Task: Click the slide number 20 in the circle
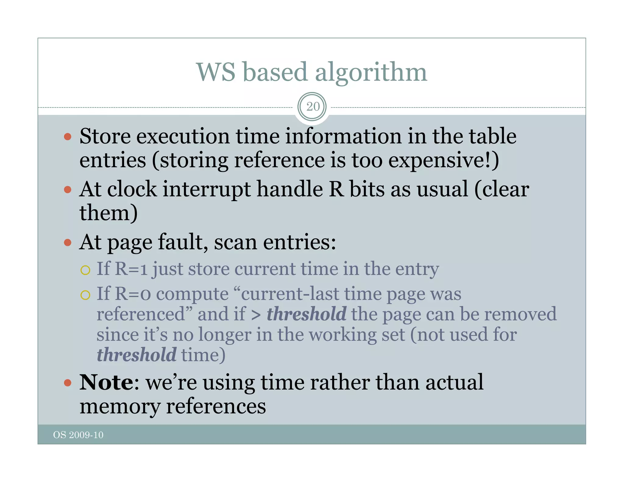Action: tap(313, 107)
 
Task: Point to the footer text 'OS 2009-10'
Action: tap(78, 435)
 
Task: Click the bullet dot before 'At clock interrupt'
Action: tap(68, 190)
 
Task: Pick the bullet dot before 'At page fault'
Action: tap(68, 243)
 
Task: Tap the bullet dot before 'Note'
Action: tap(68, 383)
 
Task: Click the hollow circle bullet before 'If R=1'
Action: tap(85, 270)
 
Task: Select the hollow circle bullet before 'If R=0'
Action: tap(85, 295)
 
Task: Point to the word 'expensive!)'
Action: tap(444, 161)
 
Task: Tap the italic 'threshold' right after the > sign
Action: tap(307, 314)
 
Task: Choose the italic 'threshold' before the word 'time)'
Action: tap(136, 355)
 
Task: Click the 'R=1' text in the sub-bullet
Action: tap(131, 269)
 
